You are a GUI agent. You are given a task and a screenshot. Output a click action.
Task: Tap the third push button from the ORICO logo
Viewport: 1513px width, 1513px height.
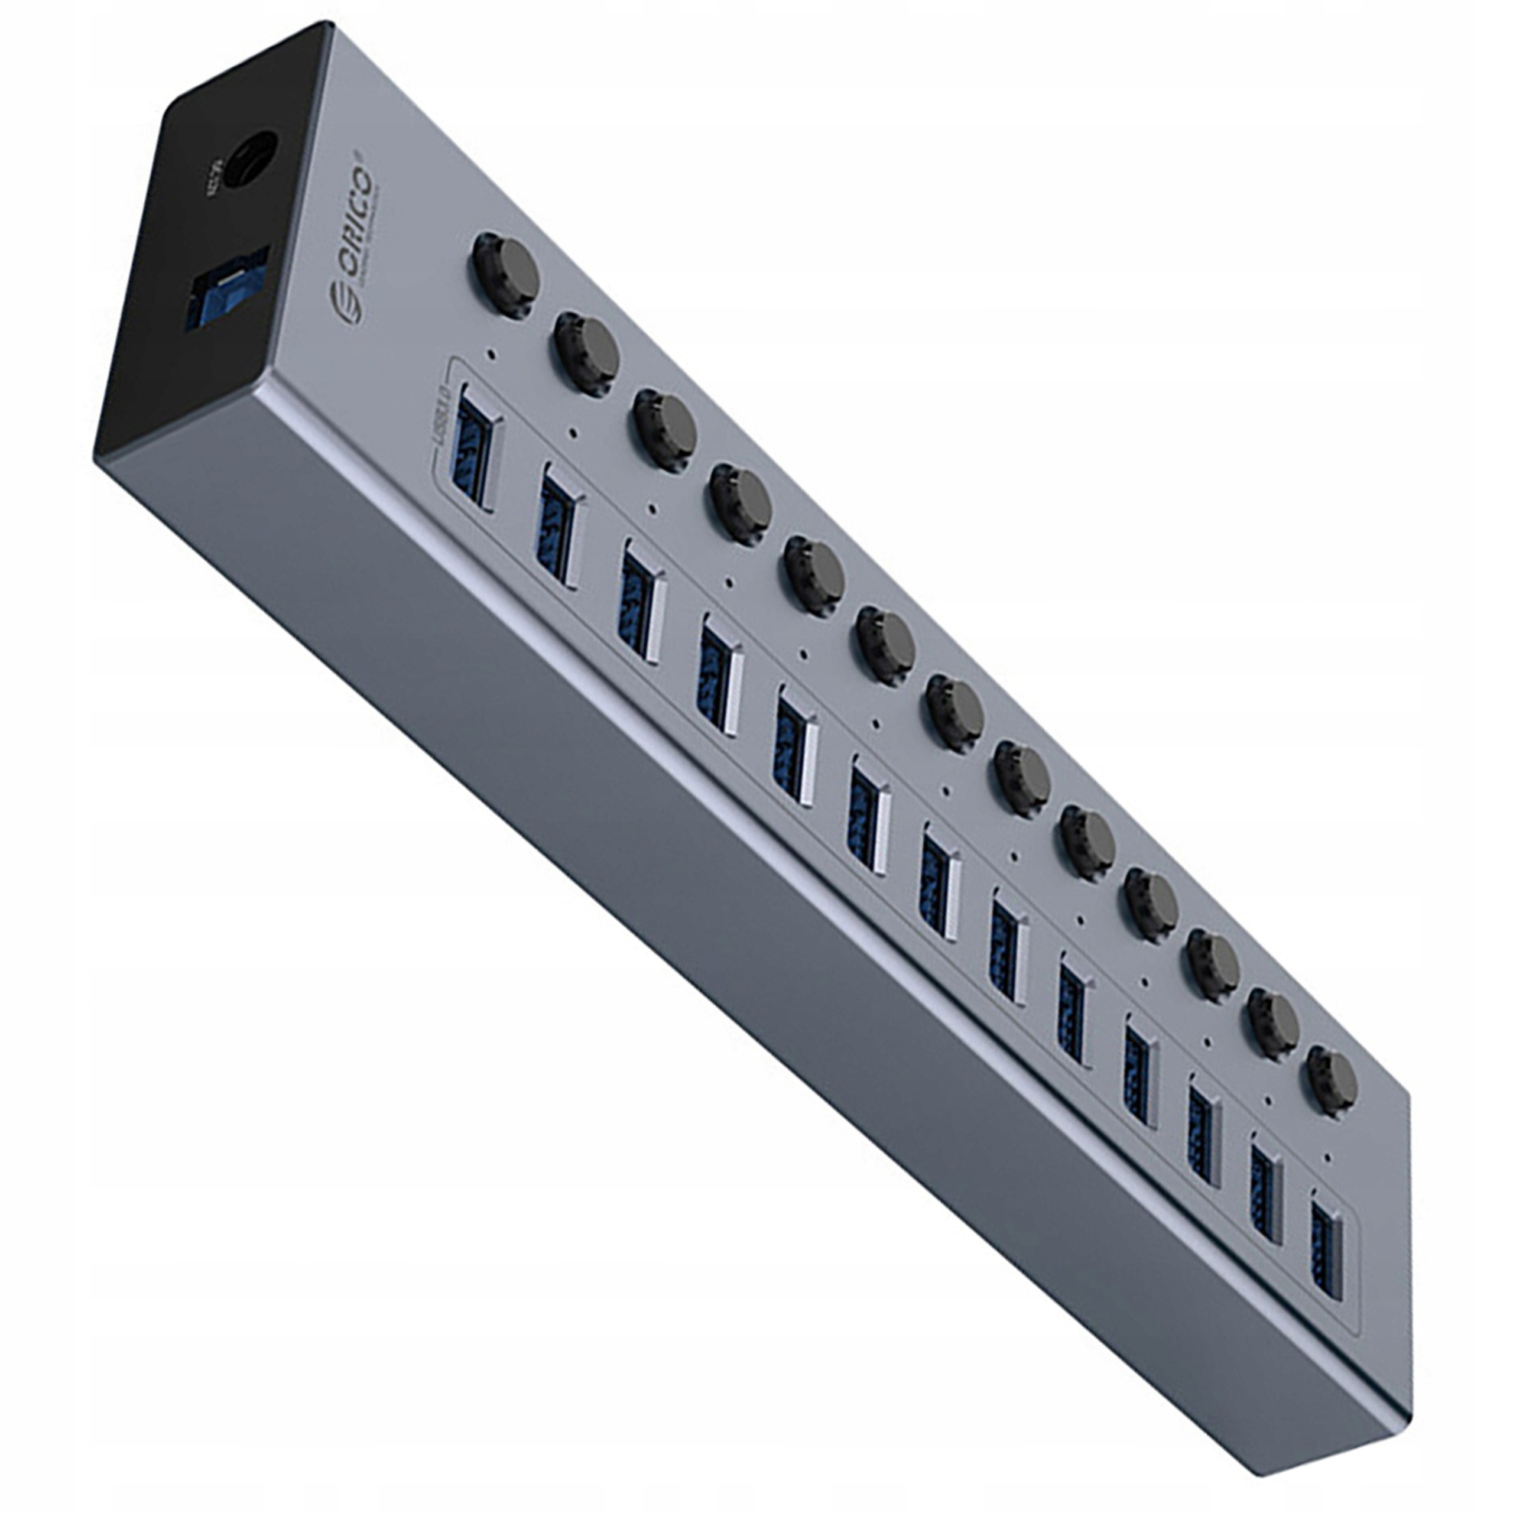click(665, 431)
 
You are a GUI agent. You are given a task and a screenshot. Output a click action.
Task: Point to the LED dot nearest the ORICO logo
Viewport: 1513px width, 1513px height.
click(491, 354)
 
